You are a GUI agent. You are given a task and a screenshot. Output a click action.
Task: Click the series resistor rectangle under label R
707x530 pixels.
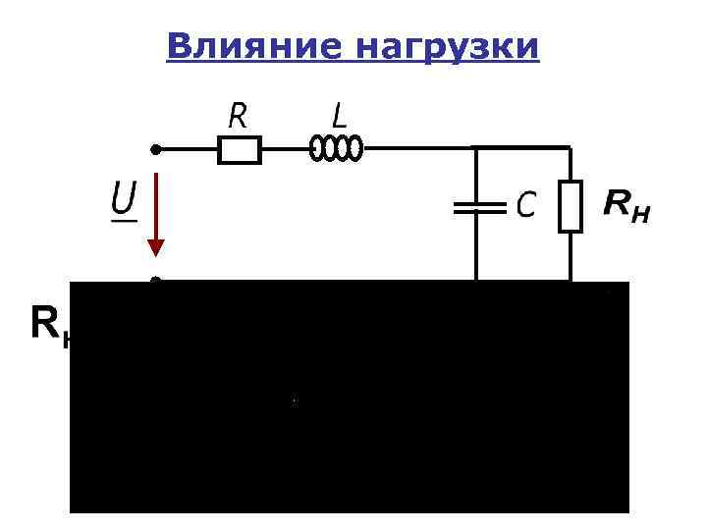pos(239,149)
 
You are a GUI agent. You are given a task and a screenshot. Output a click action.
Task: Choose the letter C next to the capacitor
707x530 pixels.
pos(526,205)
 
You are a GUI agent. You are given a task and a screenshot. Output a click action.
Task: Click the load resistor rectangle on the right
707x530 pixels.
pos(571,206)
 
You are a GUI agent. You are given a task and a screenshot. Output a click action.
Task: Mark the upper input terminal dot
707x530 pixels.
pos(154,149)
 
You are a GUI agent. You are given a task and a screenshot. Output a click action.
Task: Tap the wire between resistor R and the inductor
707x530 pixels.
pos(286,149)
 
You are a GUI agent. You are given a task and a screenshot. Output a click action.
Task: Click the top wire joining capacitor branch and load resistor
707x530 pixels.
pos(523,148)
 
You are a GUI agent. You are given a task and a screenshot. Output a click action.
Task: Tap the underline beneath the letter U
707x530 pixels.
pos(123,220)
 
